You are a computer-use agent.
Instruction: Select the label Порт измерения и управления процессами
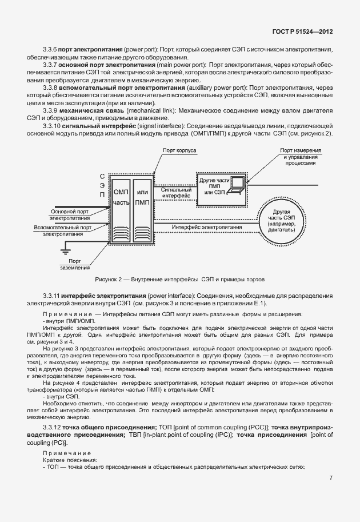tap(300, 156)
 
